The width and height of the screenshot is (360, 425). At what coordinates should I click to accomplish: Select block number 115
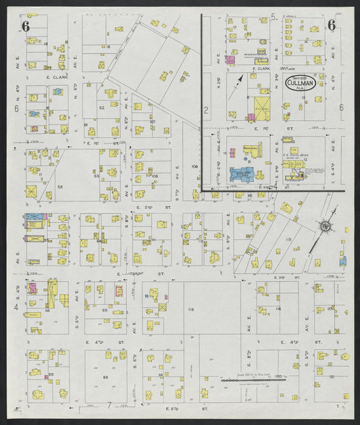190,309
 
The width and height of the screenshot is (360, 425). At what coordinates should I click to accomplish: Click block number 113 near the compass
288,239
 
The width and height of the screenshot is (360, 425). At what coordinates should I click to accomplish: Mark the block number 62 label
101,107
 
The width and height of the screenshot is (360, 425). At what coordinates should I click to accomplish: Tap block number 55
51,374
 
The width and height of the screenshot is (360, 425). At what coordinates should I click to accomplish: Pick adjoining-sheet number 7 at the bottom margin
109,405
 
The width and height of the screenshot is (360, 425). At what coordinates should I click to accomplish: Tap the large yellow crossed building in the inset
260,108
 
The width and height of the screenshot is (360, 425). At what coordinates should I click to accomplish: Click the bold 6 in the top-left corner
26,26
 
